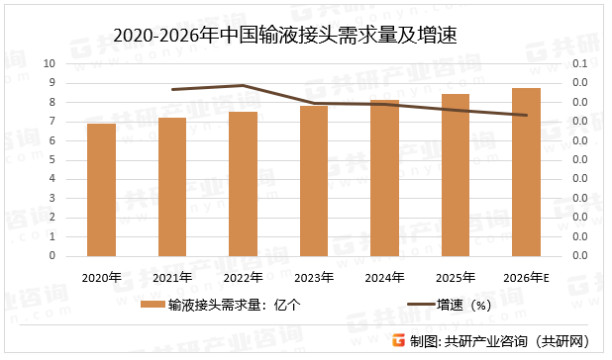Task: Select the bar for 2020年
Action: click(x=101, y=190)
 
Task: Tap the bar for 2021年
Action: click(x=172, y=187)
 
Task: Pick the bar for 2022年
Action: click(x=243, y=184)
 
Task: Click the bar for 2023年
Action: click(x=314, y=181)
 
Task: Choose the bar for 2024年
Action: click(x=384, y=178)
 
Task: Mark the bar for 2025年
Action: click(x=456, y=175)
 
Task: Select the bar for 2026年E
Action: click(x=526, y=172)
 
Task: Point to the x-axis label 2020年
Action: click(x=101, y=276)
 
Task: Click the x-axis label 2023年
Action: click(x=314, y=276)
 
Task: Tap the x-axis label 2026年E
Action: click(x=526, y=276)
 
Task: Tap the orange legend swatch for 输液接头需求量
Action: click(x=153, y=306)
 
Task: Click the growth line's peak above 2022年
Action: click(x=243, y=85)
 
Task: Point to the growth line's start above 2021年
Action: click(x=172, y=89)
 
